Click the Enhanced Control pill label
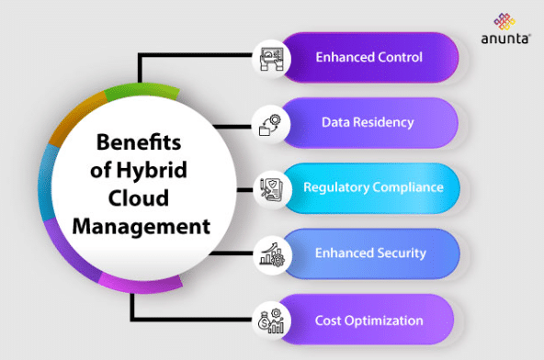[x=368, y=57]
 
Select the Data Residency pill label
[x=368, y=122]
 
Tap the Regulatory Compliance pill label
[x=374, y=187]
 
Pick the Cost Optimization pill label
[x=368, y=321]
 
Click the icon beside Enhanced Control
[x=271, y=58]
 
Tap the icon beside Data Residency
[x=271, y=123]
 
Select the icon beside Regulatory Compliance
[x=271, y=188]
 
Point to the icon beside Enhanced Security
[x=271, y=253]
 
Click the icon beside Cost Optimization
[x=271, y=321]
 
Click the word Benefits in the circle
[x=140, y=145]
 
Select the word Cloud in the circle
[x=140, y=198]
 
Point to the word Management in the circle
[x=140, y=225]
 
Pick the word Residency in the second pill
[x=387, y=122]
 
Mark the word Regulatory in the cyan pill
[x=336, y=187]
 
